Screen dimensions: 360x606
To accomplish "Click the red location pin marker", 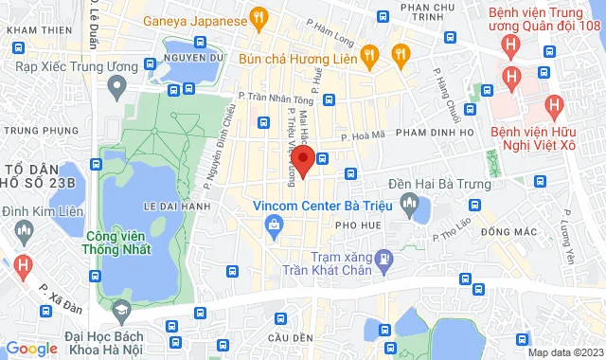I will (303, 160).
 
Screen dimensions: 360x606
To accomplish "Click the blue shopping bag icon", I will (274, 225).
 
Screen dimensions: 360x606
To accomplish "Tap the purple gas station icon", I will (383, 256).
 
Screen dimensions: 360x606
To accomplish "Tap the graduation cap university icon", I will (120, 310).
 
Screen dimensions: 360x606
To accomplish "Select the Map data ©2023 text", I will (565, 352).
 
